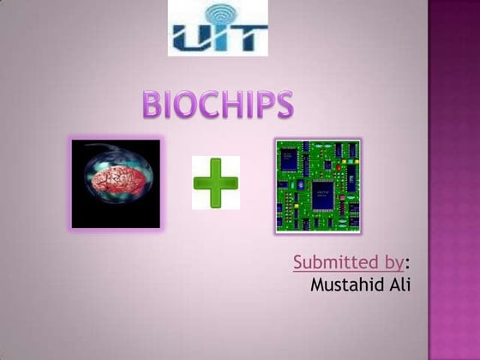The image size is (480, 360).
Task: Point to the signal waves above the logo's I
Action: (221, 14)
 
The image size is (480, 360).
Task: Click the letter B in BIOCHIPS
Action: (153, 105)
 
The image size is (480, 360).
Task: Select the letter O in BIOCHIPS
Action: (182, 105)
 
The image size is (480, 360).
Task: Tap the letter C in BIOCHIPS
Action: (208, 105)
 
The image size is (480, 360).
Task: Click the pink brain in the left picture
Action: (117, 181)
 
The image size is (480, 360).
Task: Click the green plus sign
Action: (216, 183)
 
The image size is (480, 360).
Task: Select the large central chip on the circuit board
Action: (322, 195)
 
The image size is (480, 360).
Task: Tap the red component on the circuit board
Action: (339, 167)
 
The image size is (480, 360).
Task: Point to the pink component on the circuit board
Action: (343, 197)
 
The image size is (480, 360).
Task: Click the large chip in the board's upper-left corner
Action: (289, 159)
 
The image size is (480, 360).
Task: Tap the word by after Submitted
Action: (393, 263)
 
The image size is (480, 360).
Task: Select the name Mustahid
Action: (347, 285)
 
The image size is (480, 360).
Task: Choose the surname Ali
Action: (399, 285)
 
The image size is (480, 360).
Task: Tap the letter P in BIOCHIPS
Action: (266, 105)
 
